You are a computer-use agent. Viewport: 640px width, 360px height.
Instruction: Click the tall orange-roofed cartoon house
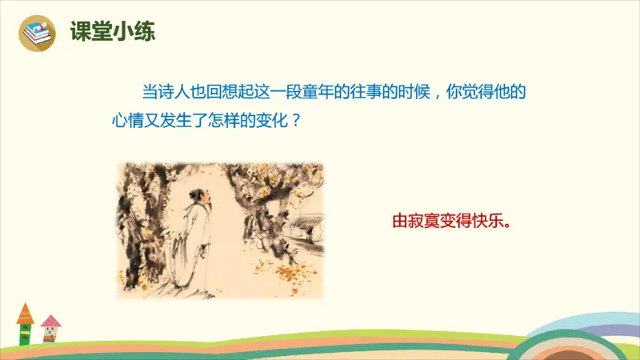[x=26, y=324]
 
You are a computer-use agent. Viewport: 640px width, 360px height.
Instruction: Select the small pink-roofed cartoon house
[x=50, y=329]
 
